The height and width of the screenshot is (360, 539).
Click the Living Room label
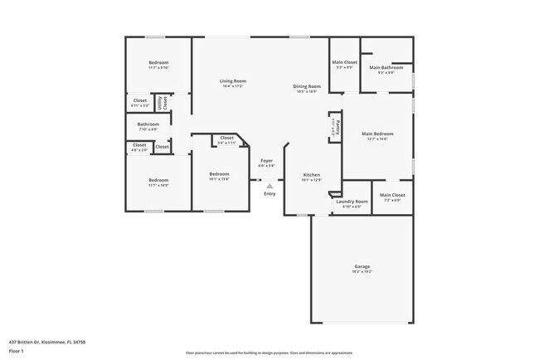232,81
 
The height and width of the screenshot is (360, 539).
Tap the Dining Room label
307,86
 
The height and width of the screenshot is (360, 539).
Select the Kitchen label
311,175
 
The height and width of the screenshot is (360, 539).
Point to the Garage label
362,266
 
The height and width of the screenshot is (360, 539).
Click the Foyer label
266,161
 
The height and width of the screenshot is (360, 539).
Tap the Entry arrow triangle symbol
269,186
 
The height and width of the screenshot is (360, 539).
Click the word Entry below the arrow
269,194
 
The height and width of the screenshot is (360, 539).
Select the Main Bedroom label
377,134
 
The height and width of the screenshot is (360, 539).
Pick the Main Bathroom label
386,68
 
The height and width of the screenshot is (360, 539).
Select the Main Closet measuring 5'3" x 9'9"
344,62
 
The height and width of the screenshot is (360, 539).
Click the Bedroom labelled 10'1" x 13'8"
218,175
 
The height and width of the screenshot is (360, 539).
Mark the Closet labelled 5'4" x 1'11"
226,139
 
